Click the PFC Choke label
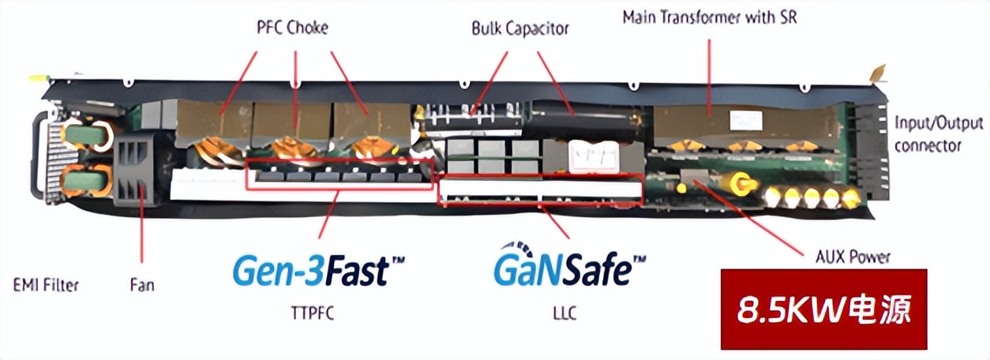click(x=293, y=28)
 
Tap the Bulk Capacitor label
click(x=520, y=29)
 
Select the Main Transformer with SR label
click(x=709, y=17)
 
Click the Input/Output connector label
click(x=939, y=134)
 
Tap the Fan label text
click(x=141, y=284)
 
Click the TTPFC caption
click(x=313, y=313)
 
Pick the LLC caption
click(x=564, y=313)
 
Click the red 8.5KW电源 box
click(x=823, y=309)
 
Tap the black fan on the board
click(x=139, y=171)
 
